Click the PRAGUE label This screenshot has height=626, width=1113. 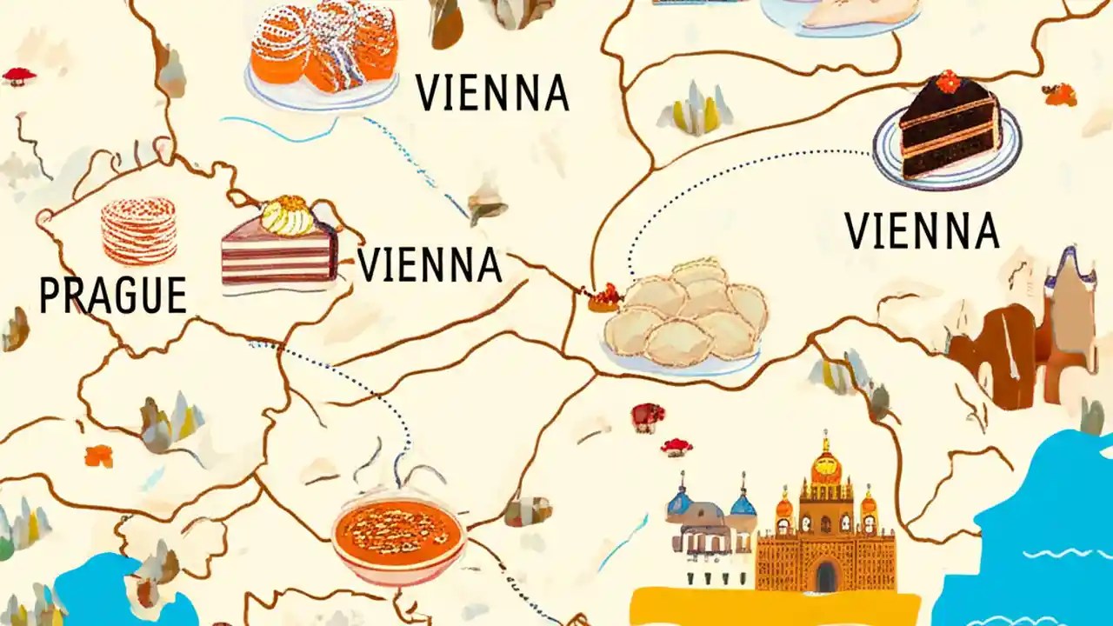(113, 296)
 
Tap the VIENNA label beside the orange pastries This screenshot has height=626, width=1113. (492, 93)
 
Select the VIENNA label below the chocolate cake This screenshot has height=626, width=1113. (922, 230)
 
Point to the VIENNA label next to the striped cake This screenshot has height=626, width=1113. (430, 265)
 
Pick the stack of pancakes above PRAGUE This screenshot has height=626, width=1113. (138, 230)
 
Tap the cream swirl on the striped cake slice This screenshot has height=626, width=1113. (288, 215)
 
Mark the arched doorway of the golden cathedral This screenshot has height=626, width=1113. (825, 575)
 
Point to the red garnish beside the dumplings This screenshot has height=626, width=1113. (605, 298)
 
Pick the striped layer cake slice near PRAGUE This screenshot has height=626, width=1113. (278, 252)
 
